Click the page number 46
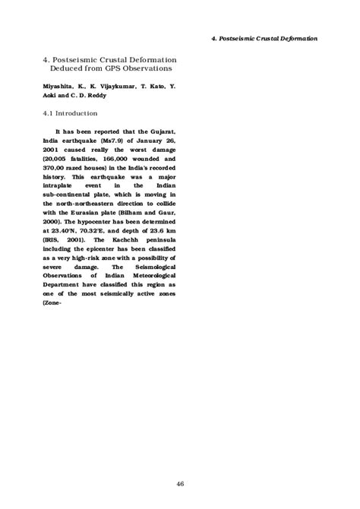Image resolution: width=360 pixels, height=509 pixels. coord(180,462)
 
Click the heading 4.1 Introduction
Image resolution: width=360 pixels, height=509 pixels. coord(69,114)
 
